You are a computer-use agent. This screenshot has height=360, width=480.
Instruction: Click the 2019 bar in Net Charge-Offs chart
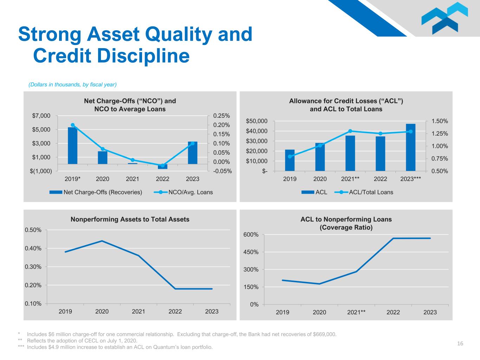(72, 146)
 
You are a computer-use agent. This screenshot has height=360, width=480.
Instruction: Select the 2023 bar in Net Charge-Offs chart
(193, 153)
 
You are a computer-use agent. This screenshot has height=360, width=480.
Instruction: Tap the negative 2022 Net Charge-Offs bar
(162, 167)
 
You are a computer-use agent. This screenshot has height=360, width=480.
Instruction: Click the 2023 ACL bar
(410, 147)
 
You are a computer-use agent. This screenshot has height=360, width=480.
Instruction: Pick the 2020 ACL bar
(320, 157)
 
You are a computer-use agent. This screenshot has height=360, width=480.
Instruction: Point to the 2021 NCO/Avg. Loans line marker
(133, 160)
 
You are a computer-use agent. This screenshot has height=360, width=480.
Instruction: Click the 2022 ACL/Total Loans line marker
(380, 134)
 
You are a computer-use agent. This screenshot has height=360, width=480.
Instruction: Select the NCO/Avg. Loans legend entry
(183, 192)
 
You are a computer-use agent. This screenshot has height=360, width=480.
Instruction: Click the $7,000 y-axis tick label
(41, 116)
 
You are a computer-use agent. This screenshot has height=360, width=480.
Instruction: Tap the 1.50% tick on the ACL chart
(440, 121)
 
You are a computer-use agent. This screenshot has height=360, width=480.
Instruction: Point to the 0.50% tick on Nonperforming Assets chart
(33, 230)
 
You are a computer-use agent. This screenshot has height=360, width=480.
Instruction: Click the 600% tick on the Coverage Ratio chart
(251, 234)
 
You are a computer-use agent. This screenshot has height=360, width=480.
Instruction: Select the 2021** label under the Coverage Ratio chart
(356, 312)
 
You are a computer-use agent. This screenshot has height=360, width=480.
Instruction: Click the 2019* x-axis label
(72, 179)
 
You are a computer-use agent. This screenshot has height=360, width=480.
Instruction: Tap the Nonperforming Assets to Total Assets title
(130, 219)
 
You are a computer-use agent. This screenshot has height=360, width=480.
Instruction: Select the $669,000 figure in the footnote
(325, 334)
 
